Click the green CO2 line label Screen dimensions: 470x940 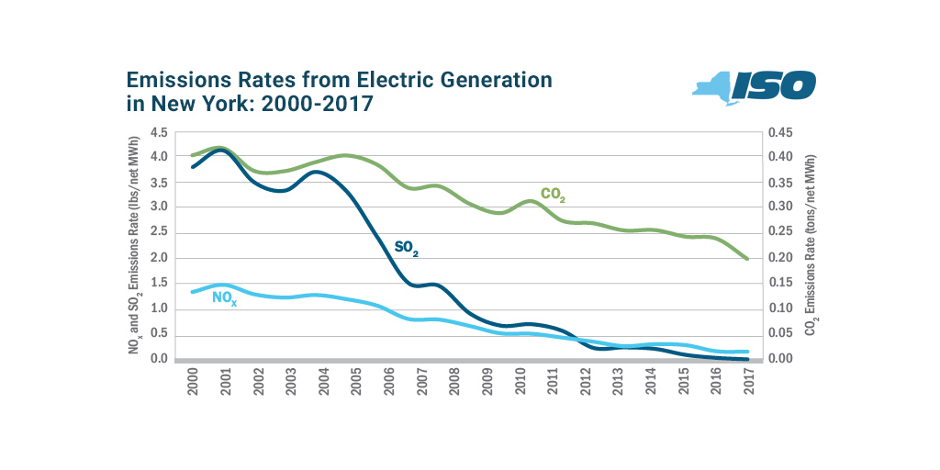pyautogui.click(x=553, y=194)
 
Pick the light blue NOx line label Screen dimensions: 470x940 pyautogui.click(x=224, y=297)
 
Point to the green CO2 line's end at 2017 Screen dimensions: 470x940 pyautogui.click(x=748, y=259)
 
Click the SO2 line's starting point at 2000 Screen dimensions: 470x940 pyautogui.click(x=193, y=167)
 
